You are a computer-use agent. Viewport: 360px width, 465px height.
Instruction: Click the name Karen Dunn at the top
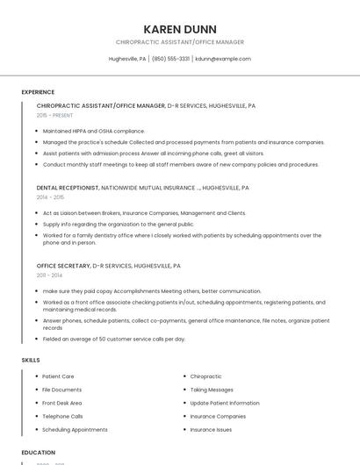[180, 29]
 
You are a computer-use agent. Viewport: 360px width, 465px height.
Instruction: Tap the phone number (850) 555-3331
[171, 59]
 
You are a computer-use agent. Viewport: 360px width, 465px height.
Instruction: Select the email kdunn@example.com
[223, 59]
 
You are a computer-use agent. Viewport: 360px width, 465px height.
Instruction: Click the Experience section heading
[38, 92]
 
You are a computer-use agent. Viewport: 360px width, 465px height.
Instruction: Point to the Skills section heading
[31, 360]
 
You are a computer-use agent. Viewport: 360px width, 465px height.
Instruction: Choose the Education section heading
[39, 453]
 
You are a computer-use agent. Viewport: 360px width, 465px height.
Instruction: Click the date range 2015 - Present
[55, 115]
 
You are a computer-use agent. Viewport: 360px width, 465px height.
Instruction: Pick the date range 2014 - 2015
[50, 197]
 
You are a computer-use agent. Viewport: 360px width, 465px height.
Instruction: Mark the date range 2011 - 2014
[50, 275]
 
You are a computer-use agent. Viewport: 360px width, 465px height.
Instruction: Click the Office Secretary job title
[62, 265]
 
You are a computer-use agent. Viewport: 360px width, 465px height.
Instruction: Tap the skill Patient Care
[58, 376]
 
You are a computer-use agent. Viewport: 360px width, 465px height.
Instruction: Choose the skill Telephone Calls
[62, 416]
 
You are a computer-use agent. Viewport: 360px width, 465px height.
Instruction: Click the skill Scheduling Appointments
[75, 430]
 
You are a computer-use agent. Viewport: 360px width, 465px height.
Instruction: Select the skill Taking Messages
[212, 390]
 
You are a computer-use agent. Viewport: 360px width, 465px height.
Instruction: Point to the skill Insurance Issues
[212, 430]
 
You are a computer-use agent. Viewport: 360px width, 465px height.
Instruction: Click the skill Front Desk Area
[62, 403]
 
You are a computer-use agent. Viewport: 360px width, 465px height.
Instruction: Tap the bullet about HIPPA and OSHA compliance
[93, 131]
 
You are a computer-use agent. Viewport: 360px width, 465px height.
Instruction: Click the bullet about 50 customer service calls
[114, 339]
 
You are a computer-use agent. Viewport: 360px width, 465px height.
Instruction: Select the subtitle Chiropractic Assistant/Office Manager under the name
[180, 42]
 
